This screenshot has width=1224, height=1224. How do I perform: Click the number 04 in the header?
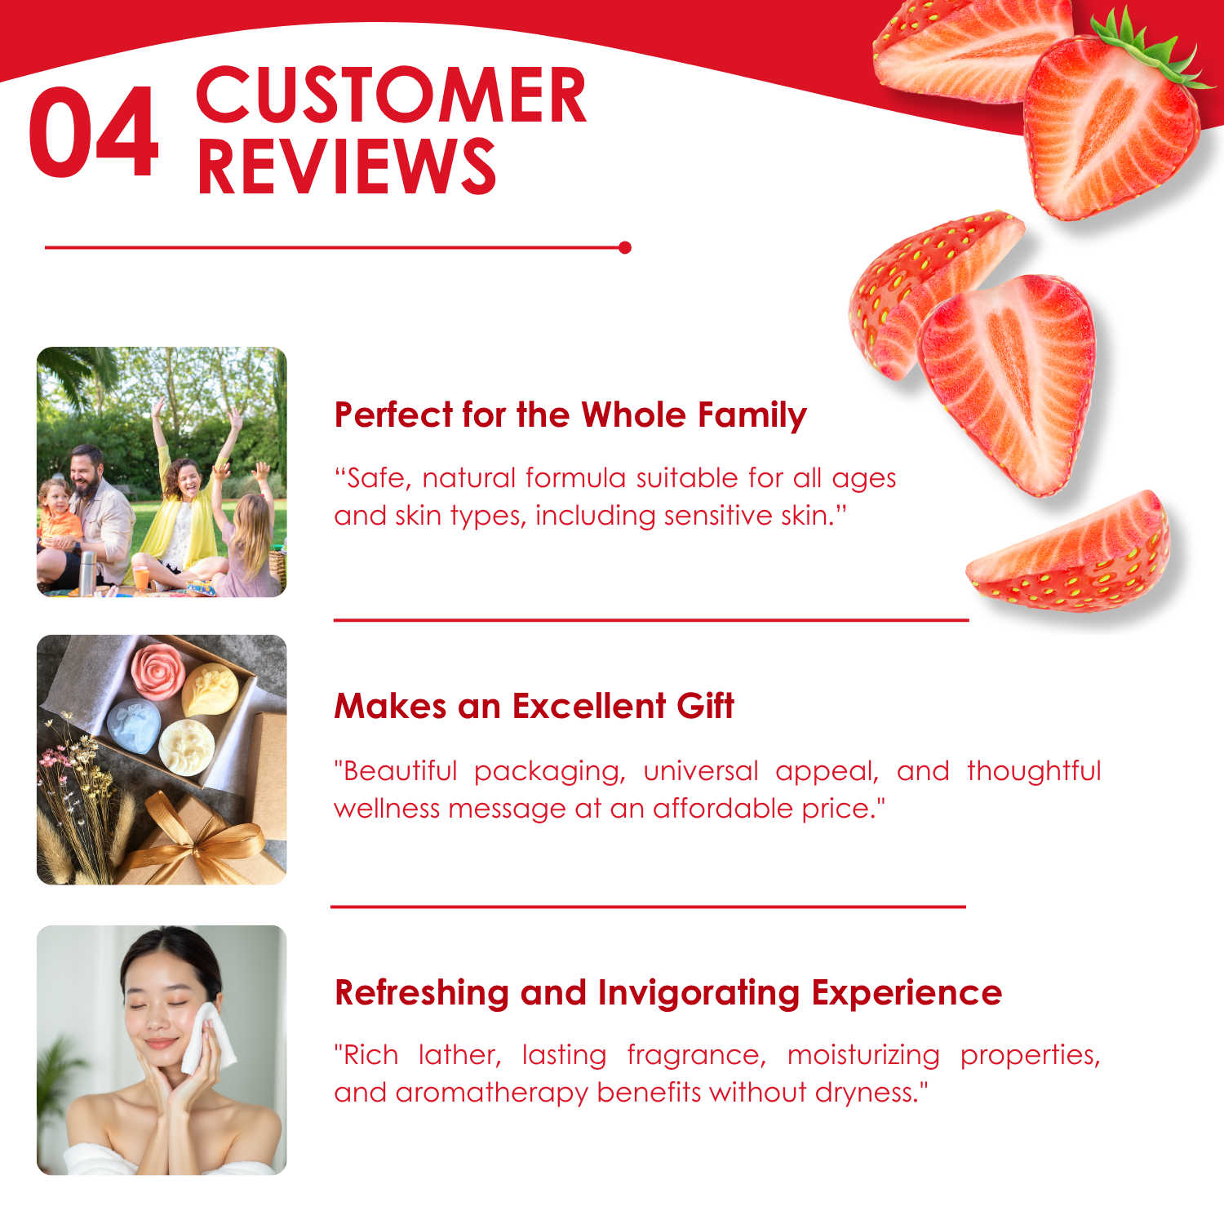click(x=94, y=132)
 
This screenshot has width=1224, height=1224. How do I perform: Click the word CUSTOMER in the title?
click(x=392, y=96)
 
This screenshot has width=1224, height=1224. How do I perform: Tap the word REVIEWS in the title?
click(x=346, y=166)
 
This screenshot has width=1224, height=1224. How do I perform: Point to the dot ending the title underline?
click(x=625, y=247)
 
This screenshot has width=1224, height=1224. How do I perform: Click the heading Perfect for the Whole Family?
click(x=570, y=415)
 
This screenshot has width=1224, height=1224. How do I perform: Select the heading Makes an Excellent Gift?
click(x=534, y=706)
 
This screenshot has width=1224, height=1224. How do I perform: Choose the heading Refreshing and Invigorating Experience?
click(x=668, y=993)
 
